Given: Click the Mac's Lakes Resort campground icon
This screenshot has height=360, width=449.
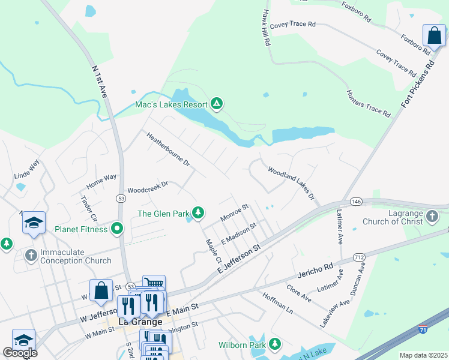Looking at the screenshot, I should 217,104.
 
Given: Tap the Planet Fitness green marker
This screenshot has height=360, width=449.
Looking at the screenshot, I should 117,229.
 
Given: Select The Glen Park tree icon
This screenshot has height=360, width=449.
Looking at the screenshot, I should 197,212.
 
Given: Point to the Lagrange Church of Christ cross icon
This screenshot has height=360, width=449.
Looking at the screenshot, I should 432,215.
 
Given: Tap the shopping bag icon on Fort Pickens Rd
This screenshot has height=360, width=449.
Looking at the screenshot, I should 433,35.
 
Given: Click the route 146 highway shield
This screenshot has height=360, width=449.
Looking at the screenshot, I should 356,201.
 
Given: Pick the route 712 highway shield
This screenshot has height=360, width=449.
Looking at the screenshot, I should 359,240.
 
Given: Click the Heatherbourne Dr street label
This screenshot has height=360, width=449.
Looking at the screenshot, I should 168,150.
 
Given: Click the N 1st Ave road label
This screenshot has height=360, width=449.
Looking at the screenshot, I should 99,82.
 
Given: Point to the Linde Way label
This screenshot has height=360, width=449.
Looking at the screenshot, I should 27,169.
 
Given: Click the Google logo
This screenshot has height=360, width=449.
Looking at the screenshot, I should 20,353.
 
